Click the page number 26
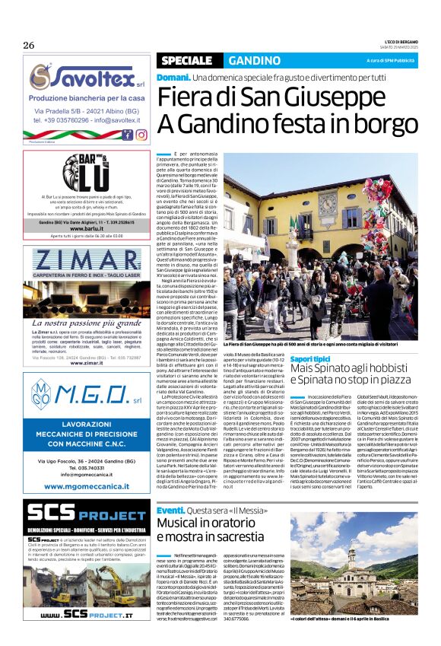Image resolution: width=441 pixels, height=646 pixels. coord(28,45)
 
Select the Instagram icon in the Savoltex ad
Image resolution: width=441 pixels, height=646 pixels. coord(141,135)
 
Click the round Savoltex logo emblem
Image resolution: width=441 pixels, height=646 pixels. coord(41,75)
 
